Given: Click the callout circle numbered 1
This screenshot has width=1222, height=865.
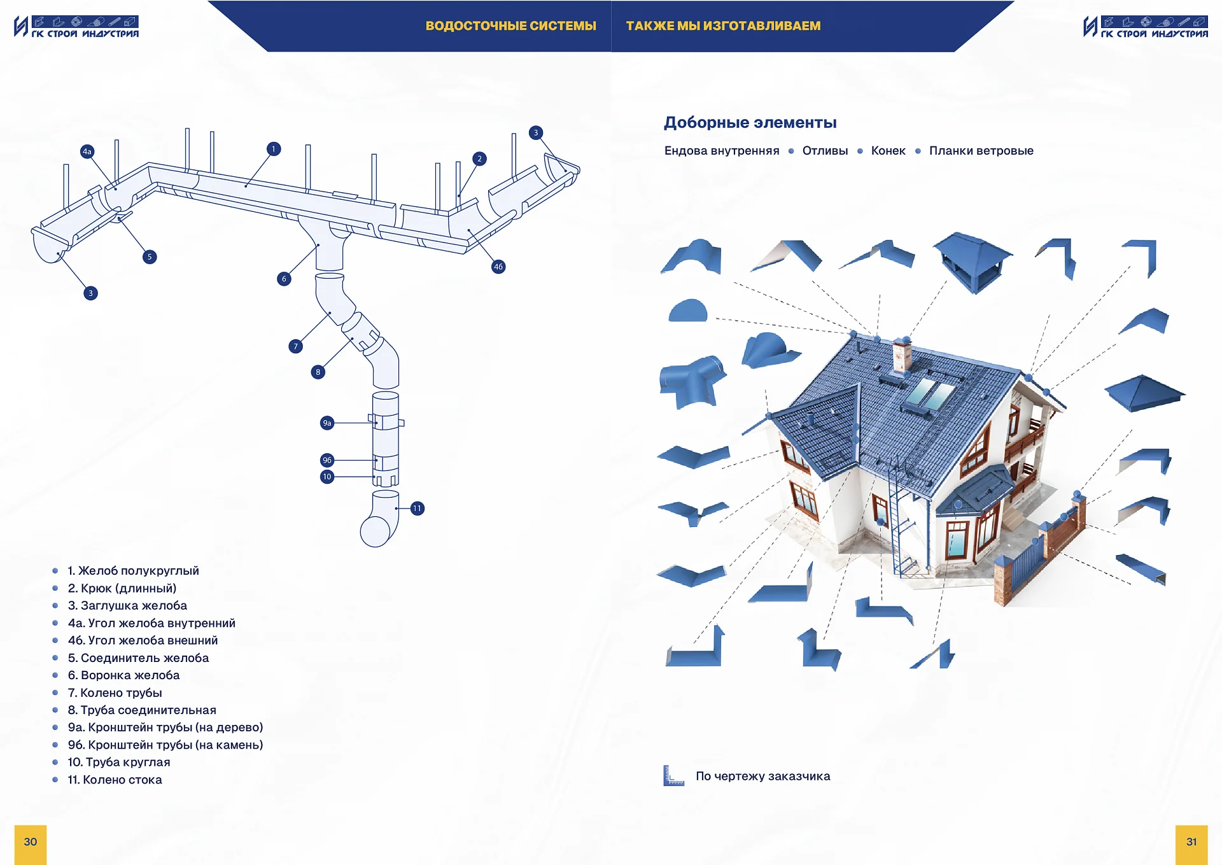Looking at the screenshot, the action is click(274, 149).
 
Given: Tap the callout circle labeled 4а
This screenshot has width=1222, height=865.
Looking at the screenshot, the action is click(87, 151).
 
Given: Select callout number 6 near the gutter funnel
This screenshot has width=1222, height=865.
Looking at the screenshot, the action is click(284, 279).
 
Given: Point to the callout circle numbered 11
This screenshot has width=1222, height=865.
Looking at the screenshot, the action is click(417, 509).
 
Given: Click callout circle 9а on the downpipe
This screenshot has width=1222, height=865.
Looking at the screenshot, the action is click(327, 423).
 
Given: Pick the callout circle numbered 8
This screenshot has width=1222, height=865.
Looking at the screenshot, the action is click(318, 372).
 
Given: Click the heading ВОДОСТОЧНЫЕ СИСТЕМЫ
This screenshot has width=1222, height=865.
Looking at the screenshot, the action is click(510, 26).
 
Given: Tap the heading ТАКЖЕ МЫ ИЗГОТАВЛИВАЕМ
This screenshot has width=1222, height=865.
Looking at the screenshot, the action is click(723, 26).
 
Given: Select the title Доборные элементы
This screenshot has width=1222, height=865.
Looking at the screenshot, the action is click(750, 122).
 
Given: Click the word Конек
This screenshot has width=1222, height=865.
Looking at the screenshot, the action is click(888, 151).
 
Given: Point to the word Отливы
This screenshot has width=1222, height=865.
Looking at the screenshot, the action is click(825, 151).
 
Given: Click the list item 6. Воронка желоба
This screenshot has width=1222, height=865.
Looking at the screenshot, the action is click(124, 675).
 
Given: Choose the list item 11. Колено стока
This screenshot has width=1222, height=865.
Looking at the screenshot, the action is click(115, 780).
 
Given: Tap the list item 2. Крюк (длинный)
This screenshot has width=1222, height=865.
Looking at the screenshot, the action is click(122, 588).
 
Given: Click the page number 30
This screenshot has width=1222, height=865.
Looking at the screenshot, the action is click(31, 842).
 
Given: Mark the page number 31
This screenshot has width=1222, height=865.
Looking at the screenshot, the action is click(1191, 842).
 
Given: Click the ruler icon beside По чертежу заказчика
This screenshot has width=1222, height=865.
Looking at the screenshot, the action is click(673, 776).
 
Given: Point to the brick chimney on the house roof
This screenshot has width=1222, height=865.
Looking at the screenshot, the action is click(902, 354).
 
